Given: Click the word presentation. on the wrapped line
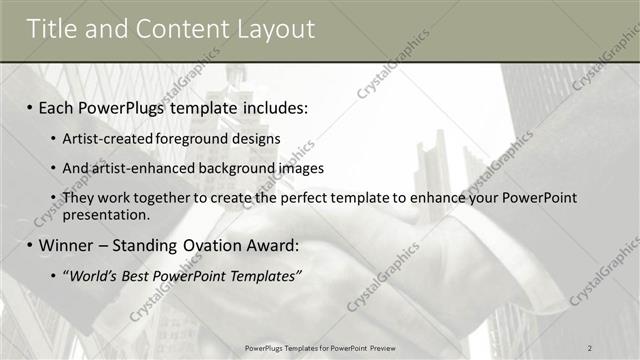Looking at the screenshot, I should click(x=106, y=214).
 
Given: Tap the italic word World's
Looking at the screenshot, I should click(x=91, y=275).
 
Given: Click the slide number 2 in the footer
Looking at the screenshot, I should click(x=590, y=347).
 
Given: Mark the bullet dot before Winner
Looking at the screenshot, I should click(x=30, y=245).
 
